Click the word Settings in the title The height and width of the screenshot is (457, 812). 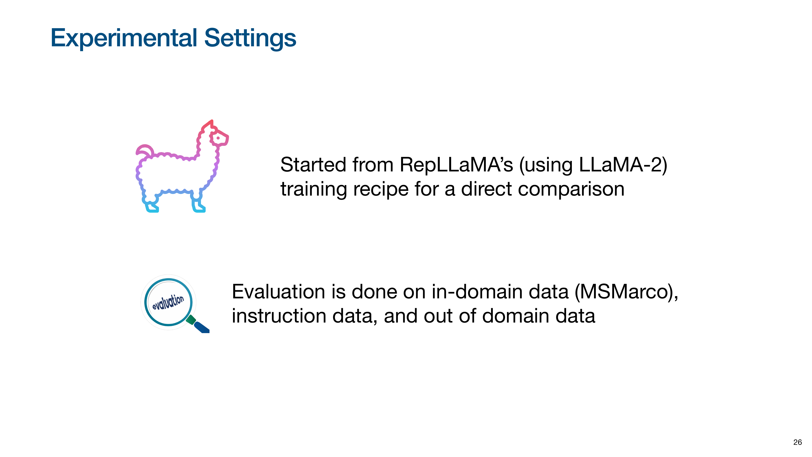(x=250, y=38)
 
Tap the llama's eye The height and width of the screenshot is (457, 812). (x=218, y=138)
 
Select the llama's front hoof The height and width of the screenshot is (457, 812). (x=199, y=206)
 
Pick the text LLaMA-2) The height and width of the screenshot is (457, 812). (x=623, y=165)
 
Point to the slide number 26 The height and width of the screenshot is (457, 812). (x=798, y=442)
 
